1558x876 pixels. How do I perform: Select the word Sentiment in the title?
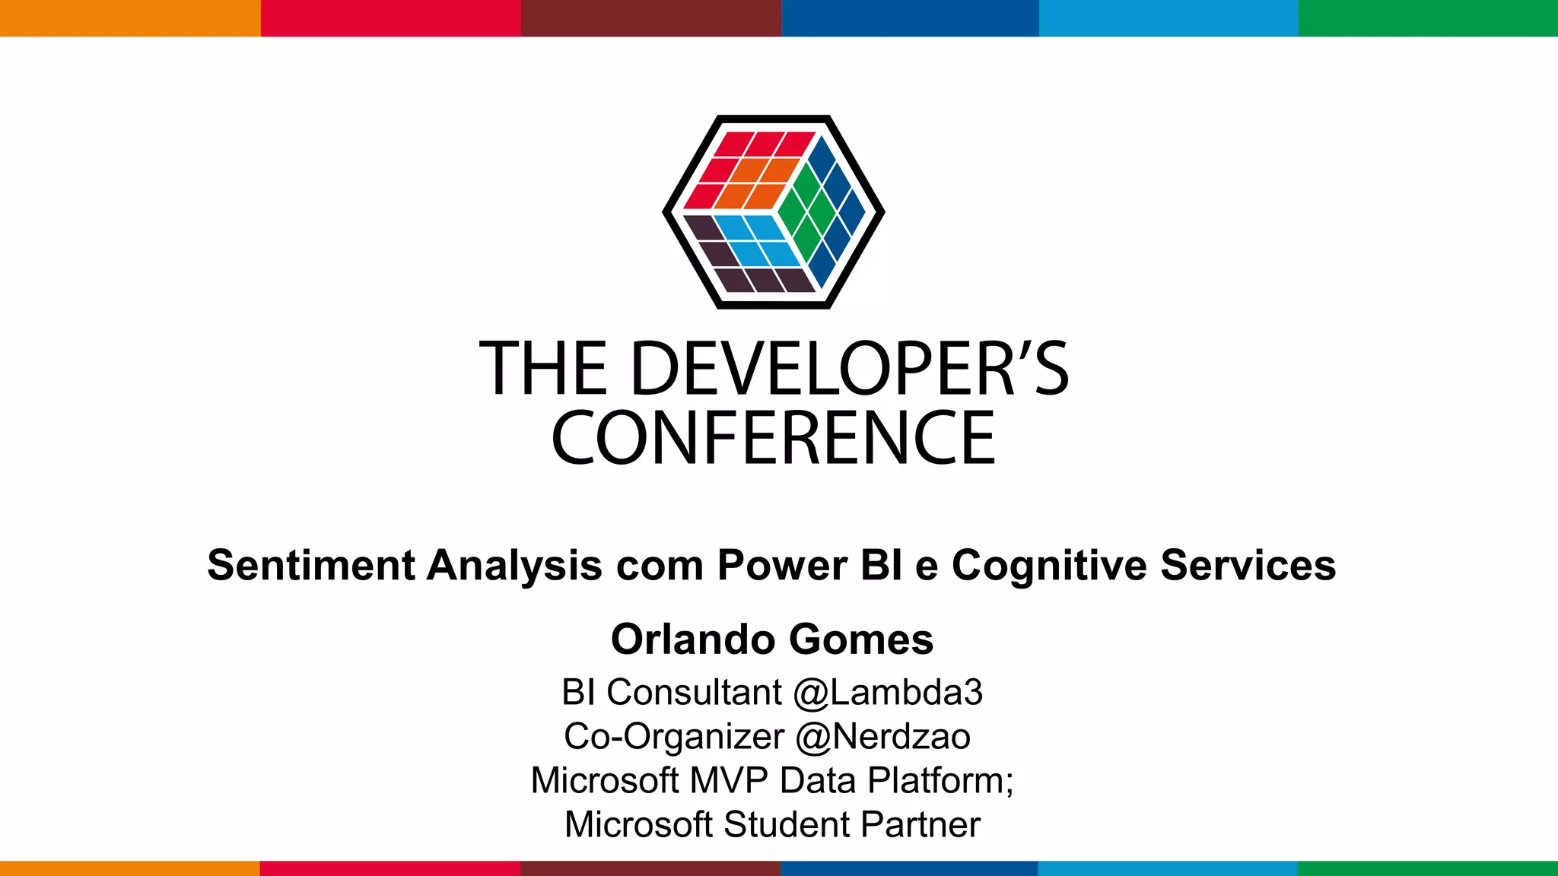[311, 565]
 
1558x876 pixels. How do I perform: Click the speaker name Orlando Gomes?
[771, 639]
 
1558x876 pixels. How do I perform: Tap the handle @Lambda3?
[887, 692]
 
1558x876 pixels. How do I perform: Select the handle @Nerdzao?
[882, 736]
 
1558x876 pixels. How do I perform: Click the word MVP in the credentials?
[729, 780]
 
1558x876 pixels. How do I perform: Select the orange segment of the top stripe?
[129, 17]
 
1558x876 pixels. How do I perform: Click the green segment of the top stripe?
[1428, 17]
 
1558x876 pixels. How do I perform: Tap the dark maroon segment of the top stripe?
[650, 17]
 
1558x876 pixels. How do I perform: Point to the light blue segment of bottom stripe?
[1168, 868]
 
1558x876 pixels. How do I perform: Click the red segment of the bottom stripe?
[389, 868]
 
